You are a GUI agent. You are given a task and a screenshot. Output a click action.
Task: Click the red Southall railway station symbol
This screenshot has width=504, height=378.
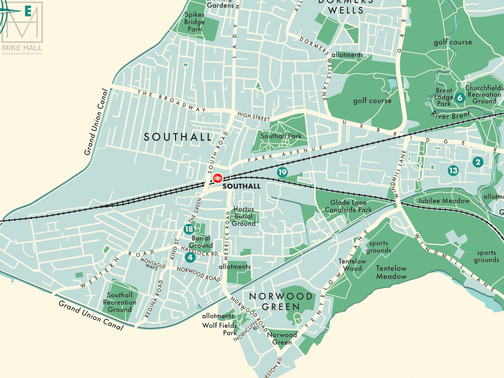pyautogui.click(x=217, y=178)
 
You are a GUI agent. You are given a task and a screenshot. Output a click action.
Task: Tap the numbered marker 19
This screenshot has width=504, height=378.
pyautogui.click(x=282, y=172)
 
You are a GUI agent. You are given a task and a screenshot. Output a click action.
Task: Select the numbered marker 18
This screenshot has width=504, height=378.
pyautogui.click(x=189, y=229)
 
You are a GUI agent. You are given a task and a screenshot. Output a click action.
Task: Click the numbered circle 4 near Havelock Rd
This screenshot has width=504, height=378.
pyautogui.click(x=190, y=257)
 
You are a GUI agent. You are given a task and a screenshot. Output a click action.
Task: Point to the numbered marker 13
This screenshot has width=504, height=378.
pyautogui.click(x=453, y=170)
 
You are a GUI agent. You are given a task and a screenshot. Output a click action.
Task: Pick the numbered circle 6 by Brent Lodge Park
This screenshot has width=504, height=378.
pyautogui.click(x=459, y=98)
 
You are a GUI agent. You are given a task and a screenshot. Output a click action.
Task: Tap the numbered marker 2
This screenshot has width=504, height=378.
pyautogui.click(x=478, y=162)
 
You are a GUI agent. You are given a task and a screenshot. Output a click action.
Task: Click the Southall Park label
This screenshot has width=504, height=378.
pyautogui.click(x=281, y=136)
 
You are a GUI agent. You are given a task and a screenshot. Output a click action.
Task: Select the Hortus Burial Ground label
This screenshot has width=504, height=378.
pyautogui.click(x=243, y=216)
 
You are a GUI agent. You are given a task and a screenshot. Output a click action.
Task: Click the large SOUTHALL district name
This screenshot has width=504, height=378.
pyautogui.click(x=178, y=137)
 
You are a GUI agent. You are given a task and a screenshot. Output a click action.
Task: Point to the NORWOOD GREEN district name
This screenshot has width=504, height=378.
pyautogui.click(x=281, y=302)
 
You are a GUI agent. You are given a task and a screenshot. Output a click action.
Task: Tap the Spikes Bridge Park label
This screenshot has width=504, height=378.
pyautogui.click(x=195, y=22)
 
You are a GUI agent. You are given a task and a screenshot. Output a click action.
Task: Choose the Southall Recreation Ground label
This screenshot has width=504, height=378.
pyautogui.click(x=120, y=302)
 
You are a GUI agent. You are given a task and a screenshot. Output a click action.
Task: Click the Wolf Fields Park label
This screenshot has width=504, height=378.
pyautogui.click(x=220, y=329)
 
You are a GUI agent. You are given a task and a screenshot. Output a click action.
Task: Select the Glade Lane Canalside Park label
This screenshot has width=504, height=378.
pyautogui.click(x=348, y=206)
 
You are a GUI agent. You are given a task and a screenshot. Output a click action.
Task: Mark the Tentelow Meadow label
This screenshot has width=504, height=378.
pyautogui.click(x=391, y=272)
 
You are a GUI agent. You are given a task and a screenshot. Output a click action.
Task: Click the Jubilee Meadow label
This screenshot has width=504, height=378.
pyautogui.click(x=443, y=201)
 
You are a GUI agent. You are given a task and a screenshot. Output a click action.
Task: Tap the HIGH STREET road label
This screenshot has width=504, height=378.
pyautogui.click(x=254, y=116)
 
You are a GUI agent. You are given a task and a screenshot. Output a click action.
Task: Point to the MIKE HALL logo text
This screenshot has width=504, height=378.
pyautogui.click(x=22, y=48)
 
